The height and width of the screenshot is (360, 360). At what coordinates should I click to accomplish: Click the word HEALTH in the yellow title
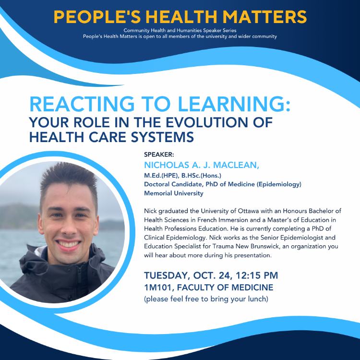pos(181,17)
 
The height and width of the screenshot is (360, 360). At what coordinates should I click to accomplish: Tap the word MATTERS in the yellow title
pos(264,17)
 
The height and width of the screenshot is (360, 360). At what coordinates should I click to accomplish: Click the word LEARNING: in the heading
pos(234,104)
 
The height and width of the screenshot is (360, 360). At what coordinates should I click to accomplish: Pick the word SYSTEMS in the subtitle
pos(163,137)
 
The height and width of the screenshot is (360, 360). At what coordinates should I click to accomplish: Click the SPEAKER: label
pos(159,155)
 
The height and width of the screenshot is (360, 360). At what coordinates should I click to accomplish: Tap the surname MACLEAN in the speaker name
pos(236,165)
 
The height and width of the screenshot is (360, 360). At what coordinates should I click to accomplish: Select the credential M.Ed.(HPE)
pos(161,176)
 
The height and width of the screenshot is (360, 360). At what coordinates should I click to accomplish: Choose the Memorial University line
pos(174,193)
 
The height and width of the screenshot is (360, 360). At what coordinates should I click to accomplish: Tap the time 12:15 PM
pos(257,276)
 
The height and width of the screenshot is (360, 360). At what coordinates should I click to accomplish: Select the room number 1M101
pos(159,287)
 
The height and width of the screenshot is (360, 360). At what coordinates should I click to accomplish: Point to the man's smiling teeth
pos(69,244)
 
